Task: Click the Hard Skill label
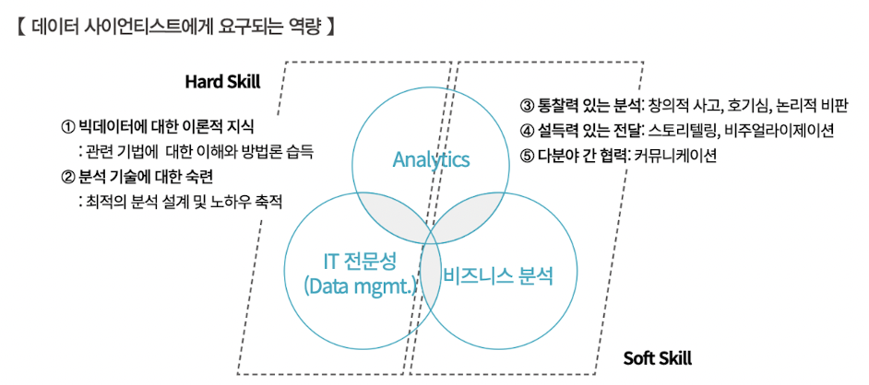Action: pos(222,81)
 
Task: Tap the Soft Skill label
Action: pos(657,358)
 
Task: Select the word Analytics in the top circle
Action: pos(431,160)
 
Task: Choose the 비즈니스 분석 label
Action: pos(498,274)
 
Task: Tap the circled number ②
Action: pos(67,176)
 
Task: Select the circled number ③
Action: pos(527,105)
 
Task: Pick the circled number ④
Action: pos(527,130)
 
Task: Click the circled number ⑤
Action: pos(527,155)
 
